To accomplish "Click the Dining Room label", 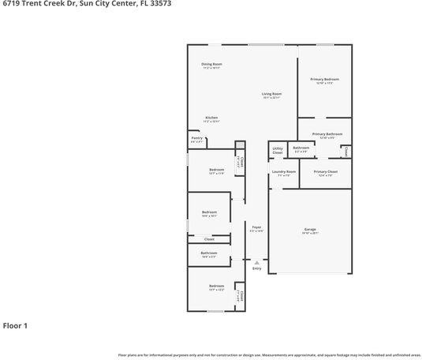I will (211, 64).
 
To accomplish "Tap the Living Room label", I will (272, 94).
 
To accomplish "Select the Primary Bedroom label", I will (324, 79).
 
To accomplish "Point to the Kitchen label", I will (211, 118).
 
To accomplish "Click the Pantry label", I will (197, 138).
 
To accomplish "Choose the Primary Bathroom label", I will (326, 134).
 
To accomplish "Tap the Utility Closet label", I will (278, 150).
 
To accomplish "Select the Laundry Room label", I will (283, 171).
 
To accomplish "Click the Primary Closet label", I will (325, 171).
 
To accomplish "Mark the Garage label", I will (310, 230).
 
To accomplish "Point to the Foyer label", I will (256, 227).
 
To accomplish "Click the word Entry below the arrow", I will (256, 269).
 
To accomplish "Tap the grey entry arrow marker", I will (256, 261).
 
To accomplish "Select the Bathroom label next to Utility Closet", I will (301, 148).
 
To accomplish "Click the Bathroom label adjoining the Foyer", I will (209, 253).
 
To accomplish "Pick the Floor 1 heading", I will (15, 325).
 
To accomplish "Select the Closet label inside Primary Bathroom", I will (347, 150).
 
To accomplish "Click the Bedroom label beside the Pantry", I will (216, 170).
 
